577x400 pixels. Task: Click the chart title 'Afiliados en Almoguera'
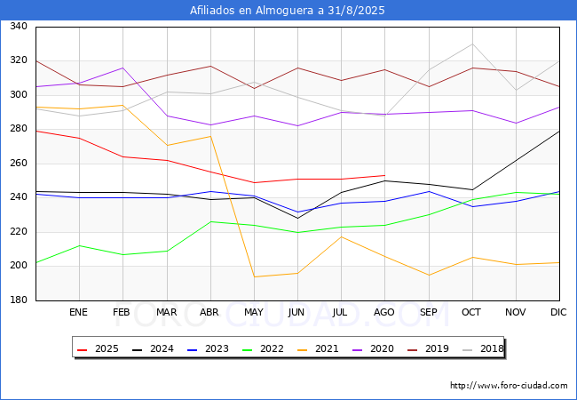coord(288,11)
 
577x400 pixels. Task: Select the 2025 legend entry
coord(100,348)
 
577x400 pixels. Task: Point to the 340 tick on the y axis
coord(18,27)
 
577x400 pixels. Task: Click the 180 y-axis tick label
coord(18,300)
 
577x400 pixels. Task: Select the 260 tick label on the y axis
coord(18,164)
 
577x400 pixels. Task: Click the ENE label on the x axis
coord(79,312)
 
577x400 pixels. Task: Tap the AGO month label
coord(384,312)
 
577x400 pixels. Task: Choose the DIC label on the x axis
coord(559,312)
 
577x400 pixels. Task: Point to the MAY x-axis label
coord(254,312)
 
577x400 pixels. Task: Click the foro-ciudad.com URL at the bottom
coord(509,386)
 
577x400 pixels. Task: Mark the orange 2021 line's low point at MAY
coord(254,276)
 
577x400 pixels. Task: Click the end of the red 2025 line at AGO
coord(384,175)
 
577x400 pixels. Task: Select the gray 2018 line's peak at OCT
coord(471,44)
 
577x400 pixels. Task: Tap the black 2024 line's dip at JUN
coord(297,218)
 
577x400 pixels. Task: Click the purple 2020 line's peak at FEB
coord(123,68)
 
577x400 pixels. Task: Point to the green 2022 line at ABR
coord(210,221)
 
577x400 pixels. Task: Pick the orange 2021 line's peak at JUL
coord(341,236)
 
